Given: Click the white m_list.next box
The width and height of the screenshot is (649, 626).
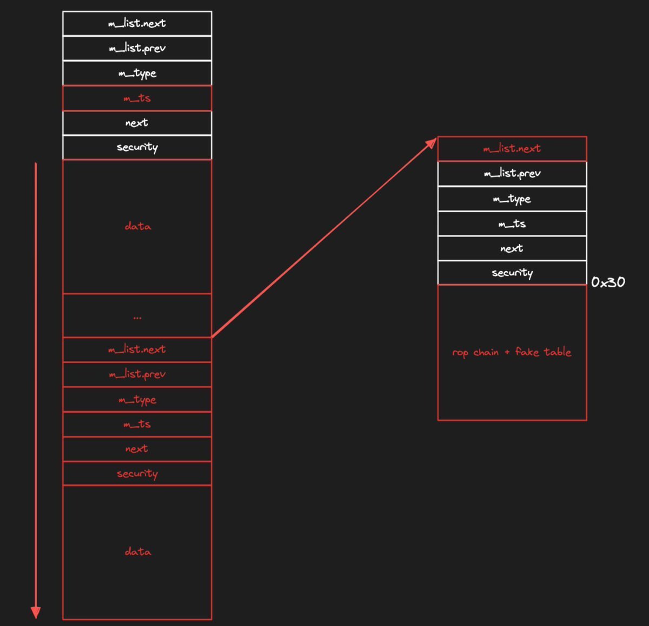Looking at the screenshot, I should (137, 23).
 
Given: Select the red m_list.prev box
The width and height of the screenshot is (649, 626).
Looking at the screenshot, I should (137, 374).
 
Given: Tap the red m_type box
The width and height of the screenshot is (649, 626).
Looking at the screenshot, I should (137, 399).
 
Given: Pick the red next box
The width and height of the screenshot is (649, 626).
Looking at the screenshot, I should (137, 449).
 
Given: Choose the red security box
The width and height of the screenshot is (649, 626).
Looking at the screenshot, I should (137, 474).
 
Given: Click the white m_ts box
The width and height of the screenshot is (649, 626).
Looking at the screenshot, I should (512, 223).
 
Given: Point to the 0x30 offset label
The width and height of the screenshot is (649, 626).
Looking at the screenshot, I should (608, 282).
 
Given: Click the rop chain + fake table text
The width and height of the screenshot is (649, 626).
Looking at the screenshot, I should (512, 352).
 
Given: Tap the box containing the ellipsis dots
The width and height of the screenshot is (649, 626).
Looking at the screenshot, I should (137, 315).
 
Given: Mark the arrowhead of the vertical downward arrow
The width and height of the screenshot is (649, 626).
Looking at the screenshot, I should (36, 612).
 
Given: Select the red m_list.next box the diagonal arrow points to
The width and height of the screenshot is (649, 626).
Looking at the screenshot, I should (512, 149).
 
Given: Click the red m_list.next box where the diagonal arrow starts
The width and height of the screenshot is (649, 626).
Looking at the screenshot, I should (137, 350).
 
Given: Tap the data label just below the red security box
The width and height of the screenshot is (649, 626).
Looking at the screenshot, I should (137, 552).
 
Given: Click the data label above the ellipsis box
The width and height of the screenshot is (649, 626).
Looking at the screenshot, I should (137, 226).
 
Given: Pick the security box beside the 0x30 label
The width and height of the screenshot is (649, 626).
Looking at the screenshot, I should (512, 273).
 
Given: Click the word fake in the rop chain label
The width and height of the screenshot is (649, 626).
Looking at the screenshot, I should (527, 352).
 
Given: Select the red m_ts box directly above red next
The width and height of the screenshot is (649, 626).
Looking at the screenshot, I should (137, 424).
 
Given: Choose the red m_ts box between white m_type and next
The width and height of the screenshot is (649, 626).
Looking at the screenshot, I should (137, 98).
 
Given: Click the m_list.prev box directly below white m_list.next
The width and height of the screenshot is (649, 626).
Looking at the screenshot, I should (137, 48).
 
